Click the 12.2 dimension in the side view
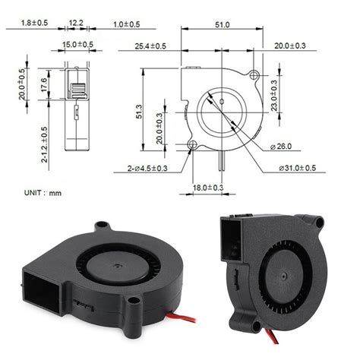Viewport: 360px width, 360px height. (76, 25)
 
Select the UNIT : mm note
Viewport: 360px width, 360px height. (43, 193)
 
